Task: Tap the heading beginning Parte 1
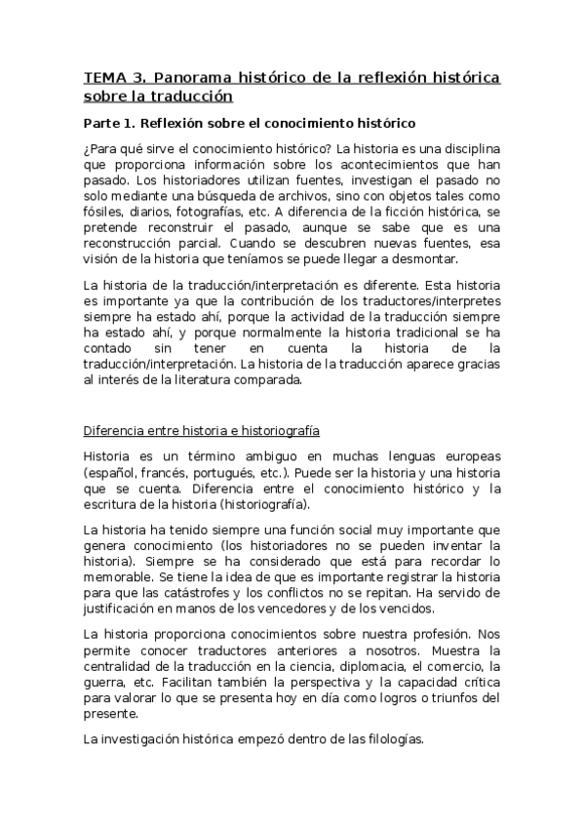pos(251,123)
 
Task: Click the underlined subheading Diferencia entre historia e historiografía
pos(203,431)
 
